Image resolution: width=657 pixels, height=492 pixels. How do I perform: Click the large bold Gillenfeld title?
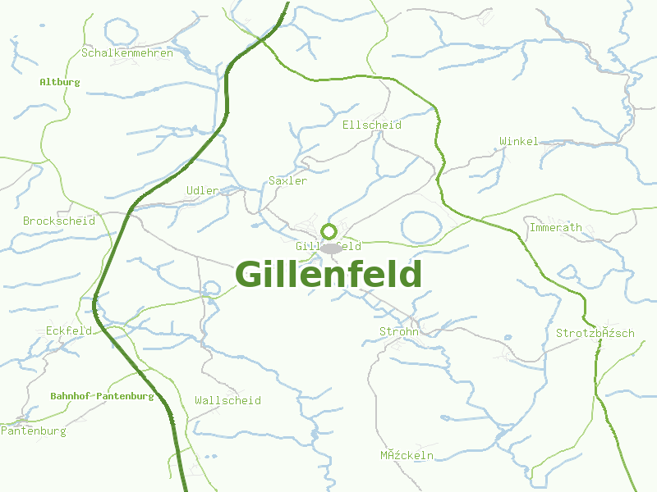pyautogui.click(x=328, y=275)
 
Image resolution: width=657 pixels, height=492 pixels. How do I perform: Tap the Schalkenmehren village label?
pyautogui.click(x=127, y=53)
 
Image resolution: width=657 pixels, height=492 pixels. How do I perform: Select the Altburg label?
pyautogui.click(x=60, y=82)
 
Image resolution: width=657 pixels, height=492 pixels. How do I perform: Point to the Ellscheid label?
pyautogui.click(x=371, y=125)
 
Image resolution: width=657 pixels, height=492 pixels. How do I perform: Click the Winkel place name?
pyautogui.click(x=519, y=141)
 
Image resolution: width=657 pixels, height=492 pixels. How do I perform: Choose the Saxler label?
pyautogui.click(x=287, y=180)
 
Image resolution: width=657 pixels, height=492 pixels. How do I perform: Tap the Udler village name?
pyautogui.click(x=203, y=190)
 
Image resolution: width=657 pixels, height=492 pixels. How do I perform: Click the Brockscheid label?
pyautogui.click(x=59, y=221)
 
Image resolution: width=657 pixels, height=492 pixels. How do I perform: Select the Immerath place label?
pyautogui.click(x=556, y=227)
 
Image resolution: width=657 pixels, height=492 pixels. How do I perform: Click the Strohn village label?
pyautogui.click(x=399, y=331)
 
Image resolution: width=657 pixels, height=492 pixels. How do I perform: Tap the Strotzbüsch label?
pyautogui.click(x=595, y=333)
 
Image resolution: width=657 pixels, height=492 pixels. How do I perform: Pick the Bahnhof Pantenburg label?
pyautogui.click(x=102, y=396)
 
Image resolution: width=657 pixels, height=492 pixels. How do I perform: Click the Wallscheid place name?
pyautogui.click(x=227, y=400)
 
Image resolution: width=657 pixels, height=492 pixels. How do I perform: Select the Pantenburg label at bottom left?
pyautogui.click(x=34, y=430)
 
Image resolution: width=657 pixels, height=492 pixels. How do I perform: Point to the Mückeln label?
pyautogui.click(x=407, y=455)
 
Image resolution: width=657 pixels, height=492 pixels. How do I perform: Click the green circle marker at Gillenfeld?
pyautogui.click(x=329, y=231)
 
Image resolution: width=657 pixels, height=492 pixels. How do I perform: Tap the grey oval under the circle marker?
pyautogui.click(x=330, y=248)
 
